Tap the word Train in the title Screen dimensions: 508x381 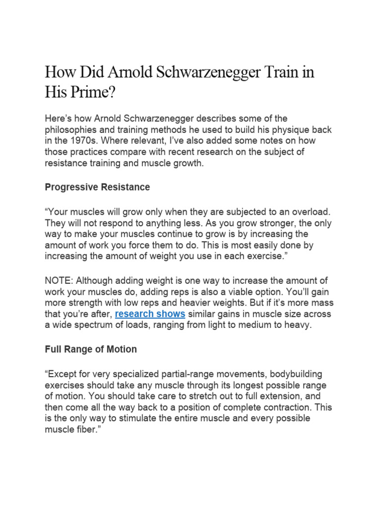click(279, 72)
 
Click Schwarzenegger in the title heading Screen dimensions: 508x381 click(209, 72)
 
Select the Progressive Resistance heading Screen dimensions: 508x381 click(97, 187)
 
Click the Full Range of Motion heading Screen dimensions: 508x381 click(91, 349)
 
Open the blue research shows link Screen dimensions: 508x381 click(150, 314)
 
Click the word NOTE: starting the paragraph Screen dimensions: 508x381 click(59, 280)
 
